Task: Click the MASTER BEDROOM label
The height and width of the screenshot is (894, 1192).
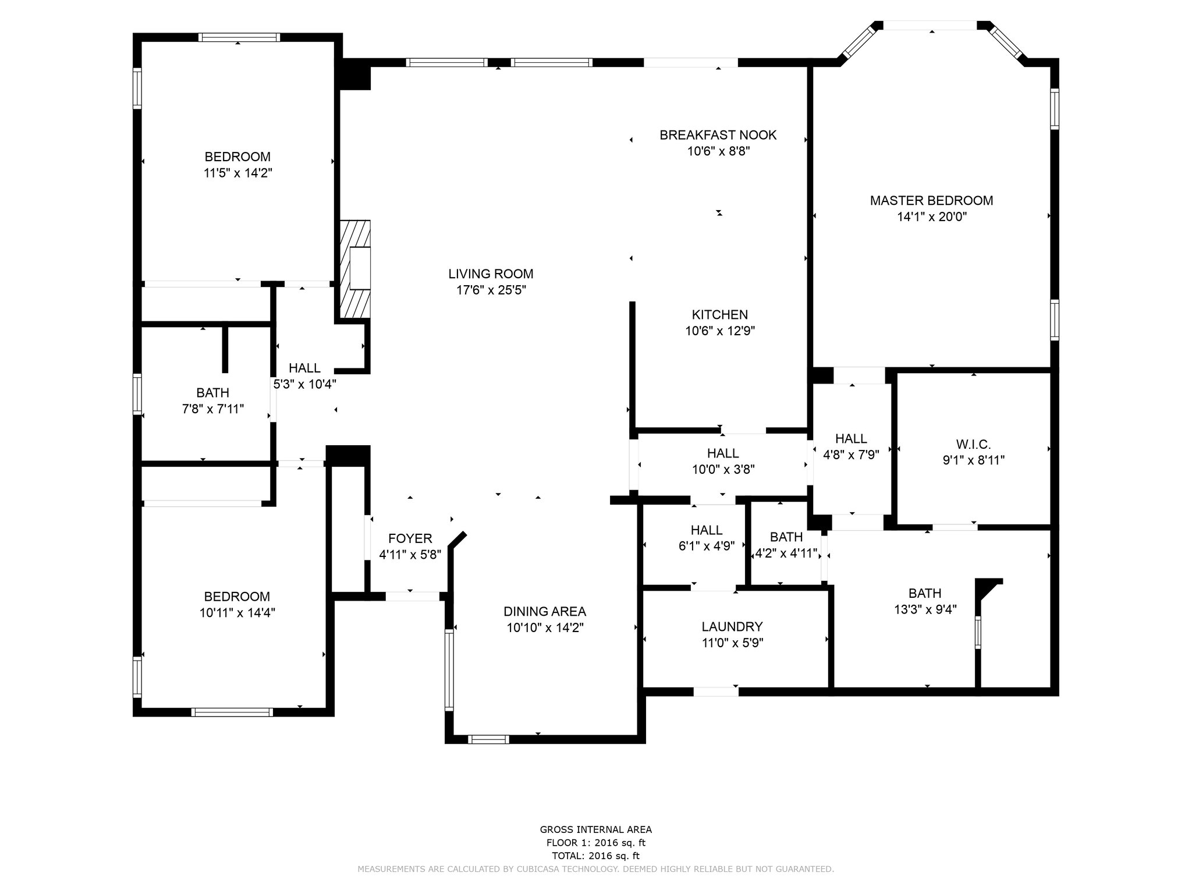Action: tap(931, 201)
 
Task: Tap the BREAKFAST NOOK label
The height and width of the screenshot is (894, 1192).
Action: tap(718, 135)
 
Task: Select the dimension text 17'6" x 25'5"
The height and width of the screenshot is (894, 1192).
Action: tap(491, 290)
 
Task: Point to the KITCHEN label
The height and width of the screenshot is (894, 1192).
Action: tap(719, 315)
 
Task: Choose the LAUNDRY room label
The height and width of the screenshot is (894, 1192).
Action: tap(732, 627)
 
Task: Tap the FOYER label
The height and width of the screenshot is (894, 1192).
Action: tap(410, 539)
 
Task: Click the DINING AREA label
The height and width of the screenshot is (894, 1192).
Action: tap(544, 612)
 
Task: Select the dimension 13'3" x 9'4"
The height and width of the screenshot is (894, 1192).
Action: tap(925, 609)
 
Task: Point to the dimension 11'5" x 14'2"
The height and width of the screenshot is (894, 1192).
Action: tap(237, 173)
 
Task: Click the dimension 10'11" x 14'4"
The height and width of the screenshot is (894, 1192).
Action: tap(237, 612)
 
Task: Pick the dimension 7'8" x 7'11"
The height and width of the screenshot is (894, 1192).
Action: tap(212, 409)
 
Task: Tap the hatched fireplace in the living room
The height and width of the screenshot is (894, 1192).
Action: tap(354, 269)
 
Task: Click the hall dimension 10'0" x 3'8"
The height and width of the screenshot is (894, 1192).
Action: tap(723, 469)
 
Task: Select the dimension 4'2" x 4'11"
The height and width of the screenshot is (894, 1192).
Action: tap(786, 553)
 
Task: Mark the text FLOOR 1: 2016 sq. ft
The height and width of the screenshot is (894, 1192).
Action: tap(595, 843)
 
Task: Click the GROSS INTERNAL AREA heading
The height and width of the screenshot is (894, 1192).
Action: tap(595, 830)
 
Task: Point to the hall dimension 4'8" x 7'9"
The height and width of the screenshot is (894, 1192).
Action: tap(850, 455)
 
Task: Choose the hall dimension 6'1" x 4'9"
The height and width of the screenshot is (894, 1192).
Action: tap(707, 546)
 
